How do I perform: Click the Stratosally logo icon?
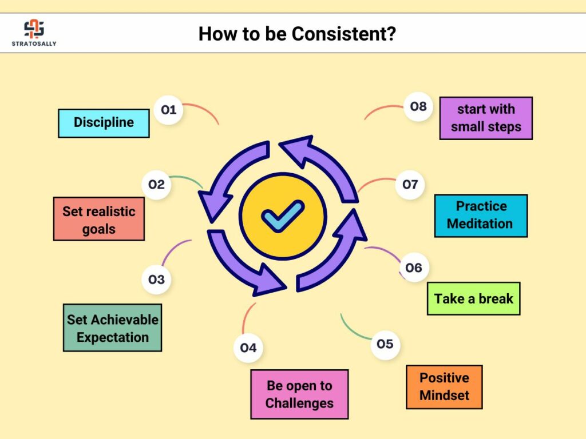pos(34,29)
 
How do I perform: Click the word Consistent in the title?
pos(343,34)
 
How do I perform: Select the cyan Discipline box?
pos(104,123)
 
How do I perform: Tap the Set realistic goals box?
pos(99,219)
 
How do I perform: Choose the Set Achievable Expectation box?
pos(113,328)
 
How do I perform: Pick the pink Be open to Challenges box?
pos(299,394)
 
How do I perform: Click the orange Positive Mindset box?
pos(444,387)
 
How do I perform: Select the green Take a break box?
pos(473,298)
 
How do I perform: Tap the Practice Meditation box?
pos(481,215)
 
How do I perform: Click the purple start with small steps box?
pos(486,118)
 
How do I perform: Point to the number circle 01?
pos(169,110)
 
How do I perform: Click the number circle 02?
pos(157,185)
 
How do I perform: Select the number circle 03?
pos(157,279)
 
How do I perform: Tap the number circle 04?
pos(248,348)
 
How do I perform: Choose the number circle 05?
pos(385,344)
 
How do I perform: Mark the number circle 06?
pos(414,268)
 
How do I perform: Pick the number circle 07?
pos(410,185)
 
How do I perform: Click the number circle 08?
pos(418,106)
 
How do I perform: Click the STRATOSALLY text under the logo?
pos(34,43)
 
